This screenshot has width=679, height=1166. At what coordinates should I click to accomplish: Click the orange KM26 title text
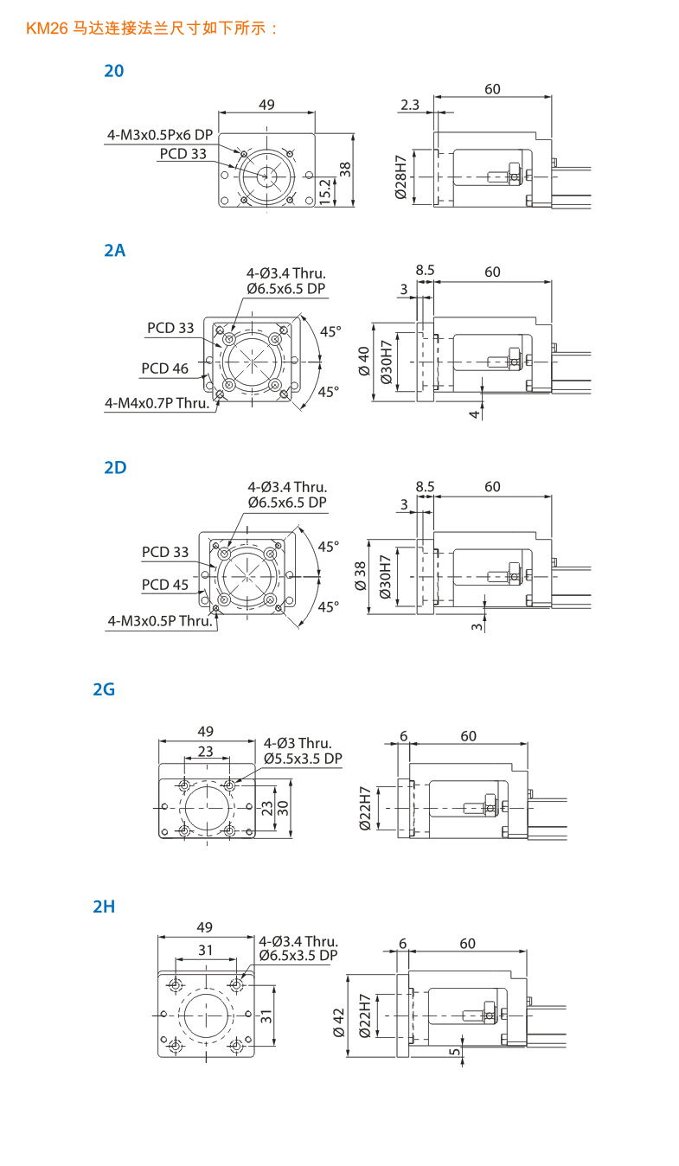151,28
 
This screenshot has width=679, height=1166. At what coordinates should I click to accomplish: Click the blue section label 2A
114,250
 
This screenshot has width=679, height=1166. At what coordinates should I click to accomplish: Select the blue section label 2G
104,689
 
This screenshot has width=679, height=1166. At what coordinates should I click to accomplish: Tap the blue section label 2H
104,907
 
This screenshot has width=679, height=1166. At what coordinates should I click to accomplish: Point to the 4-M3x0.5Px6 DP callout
160,135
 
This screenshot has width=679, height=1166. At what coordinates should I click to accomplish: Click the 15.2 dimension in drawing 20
325,191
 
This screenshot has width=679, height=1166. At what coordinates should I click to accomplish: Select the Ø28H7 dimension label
400,177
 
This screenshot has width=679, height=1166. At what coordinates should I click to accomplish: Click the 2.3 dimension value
410,106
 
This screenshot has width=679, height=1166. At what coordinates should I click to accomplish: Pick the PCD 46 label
164,368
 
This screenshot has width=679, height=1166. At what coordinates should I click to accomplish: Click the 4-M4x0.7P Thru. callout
157,403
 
